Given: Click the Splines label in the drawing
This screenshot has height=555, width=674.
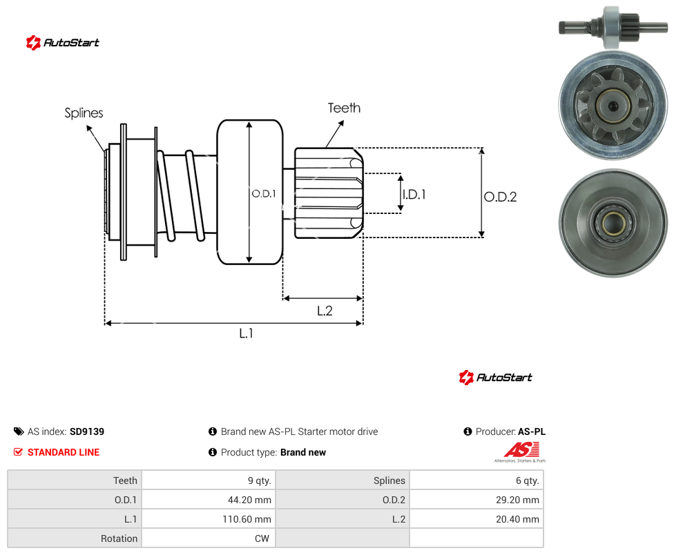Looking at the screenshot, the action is click(x=84, y=113).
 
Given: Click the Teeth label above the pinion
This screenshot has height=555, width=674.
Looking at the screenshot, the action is click(x=344, y=108).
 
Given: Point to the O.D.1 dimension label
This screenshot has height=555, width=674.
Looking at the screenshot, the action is click(x=264, y=194).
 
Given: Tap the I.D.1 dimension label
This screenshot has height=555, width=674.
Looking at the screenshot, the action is click(x=414, y=195).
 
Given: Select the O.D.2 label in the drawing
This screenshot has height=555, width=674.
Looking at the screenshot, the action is click(x=501, y=197).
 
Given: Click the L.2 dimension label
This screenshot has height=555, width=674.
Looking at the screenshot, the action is click(x=325, y=311).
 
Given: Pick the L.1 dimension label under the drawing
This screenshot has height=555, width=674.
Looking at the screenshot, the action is click(x=247, y=333).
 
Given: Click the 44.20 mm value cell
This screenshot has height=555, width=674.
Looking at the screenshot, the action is click(x=249, y=500).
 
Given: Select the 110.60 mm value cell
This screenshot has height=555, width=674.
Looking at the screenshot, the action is click(x=247, y=519).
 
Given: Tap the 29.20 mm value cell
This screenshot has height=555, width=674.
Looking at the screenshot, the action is click(x=517, y=500).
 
